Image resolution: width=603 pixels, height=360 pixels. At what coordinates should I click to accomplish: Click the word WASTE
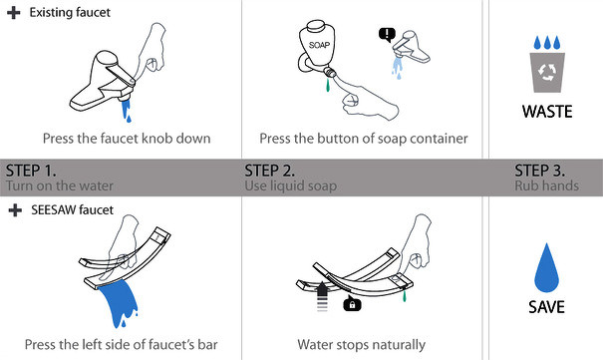547,112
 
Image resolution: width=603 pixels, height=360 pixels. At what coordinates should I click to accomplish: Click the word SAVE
546,307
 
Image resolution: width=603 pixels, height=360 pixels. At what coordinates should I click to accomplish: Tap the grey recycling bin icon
547,73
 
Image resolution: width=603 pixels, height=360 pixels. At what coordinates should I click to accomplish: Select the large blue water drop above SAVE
546,267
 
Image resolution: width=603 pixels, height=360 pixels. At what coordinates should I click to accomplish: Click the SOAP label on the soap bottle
319,45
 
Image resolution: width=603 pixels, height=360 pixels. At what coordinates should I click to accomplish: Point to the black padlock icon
352,304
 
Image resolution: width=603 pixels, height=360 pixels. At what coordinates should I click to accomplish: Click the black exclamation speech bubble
387,35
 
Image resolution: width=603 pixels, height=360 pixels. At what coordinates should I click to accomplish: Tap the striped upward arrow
322,296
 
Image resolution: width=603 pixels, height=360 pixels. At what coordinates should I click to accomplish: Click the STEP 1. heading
31,171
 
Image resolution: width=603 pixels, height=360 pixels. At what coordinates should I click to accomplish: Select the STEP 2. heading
269,171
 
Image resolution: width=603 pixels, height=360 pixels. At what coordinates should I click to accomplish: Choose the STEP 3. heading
539,171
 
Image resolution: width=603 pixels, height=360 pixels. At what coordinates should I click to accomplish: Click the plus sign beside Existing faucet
14,13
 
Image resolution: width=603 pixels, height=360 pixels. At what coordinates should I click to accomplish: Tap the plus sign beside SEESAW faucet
15,210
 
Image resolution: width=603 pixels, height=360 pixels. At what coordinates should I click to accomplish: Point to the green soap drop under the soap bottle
328,85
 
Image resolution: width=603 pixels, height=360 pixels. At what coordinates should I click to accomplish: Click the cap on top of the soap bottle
316,26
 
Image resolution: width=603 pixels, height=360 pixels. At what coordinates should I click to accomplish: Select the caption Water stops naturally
362,345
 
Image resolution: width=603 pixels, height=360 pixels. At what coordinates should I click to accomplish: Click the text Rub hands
546,185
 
